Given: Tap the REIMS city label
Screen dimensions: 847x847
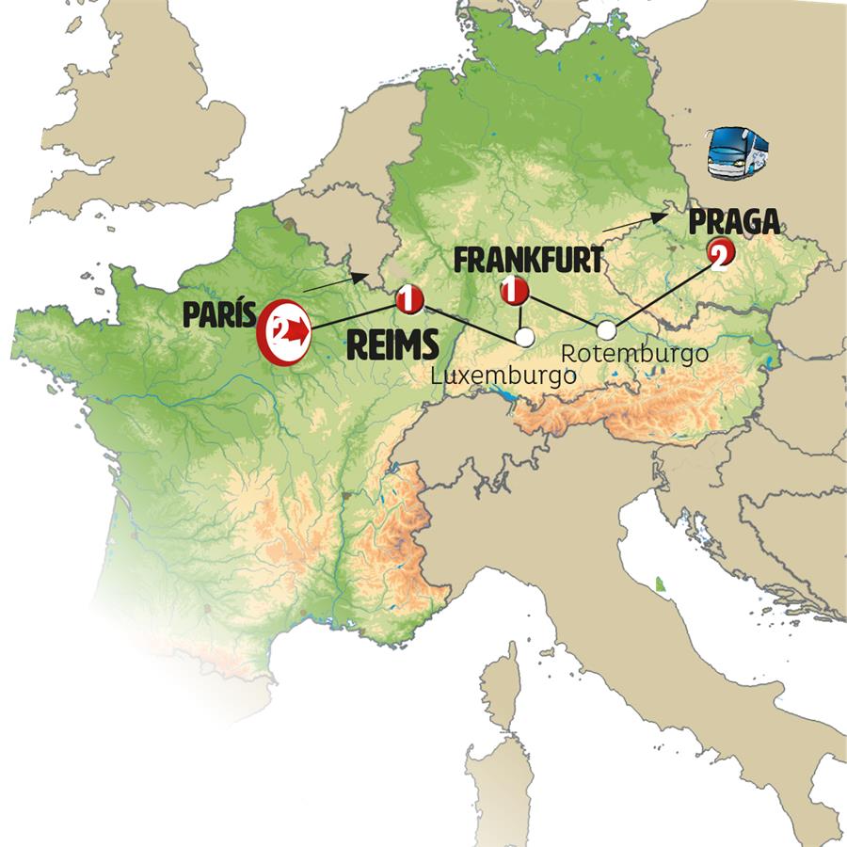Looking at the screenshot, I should point(392,345).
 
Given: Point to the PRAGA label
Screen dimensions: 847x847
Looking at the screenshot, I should point(734,223).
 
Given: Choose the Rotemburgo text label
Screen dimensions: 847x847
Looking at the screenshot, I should point(633,354).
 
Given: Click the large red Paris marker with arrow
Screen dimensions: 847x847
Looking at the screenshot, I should point(285,330).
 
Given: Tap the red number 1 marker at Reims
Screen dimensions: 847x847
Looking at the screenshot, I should point(409,299).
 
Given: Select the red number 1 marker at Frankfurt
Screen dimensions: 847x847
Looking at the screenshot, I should point(513,291).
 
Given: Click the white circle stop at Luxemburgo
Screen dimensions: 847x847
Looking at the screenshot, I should point(524,337).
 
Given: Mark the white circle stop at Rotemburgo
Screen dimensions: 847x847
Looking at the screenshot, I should point(607,329).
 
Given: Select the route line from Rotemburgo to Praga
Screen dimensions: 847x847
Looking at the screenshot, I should point(663,292).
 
